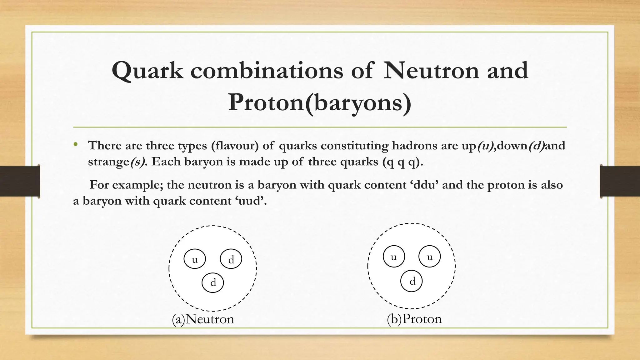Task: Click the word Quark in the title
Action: (x=147, y=71)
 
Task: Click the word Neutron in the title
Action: (x=431, y=70)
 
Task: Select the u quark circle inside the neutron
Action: (x=195, y=259)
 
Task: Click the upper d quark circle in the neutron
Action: (x=231, y=259)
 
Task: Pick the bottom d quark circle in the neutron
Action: (x=213, y=282)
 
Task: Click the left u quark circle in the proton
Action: (x=394, y=257)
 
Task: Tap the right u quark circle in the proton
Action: (x=430, y=257)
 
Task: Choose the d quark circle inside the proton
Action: (x=412, y=281)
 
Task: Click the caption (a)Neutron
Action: (x=203, y=319)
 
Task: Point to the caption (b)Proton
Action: (x=414, y=319)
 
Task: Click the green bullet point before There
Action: (x=75, y=145)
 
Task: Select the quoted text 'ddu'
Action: (x=424, y=185)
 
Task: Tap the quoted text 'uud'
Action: (x=250, y=201)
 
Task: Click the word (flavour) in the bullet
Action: (x=235, y=146)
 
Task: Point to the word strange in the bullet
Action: (x=108, y=162)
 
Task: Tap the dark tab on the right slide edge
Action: (x=620, y=181)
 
